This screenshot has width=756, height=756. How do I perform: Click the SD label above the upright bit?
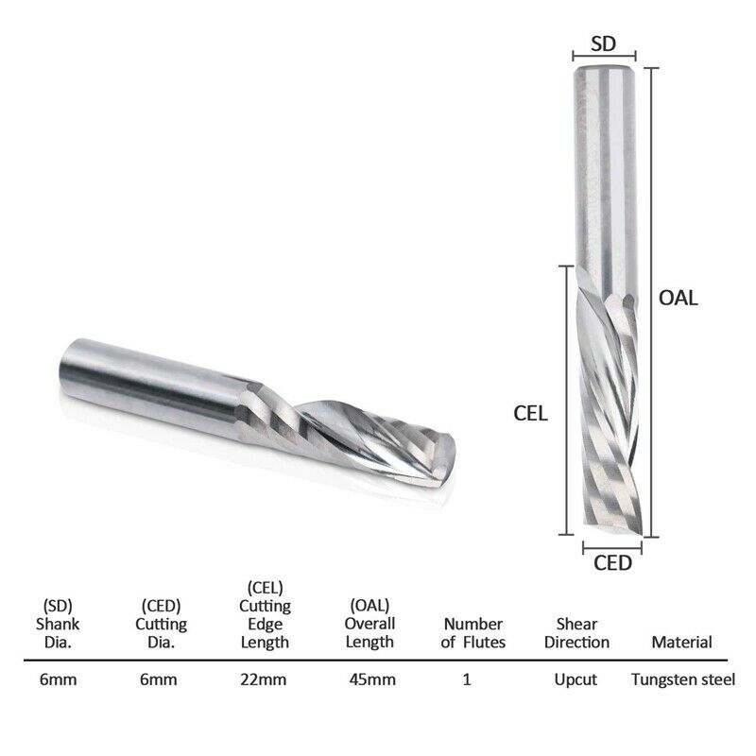tap(605, 43)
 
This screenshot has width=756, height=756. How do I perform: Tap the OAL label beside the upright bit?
tap(678, 298)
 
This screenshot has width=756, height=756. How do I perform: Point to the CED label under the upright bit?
tap(611, 564)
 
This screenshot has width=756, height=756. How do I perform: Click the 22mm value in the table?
tap(264, 679)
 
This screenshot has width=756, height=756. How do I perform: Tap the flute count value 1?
tap(467, 679)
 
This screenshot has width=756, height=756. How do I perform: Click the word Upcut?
tap(576, 679)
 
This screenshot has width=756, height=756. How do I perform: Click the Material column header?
tap(681, 643)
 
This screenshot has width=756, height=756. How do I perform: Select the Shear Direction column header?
tap(576, 633)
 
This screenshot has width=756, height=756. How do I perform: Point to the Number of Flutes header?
tap(474, 633)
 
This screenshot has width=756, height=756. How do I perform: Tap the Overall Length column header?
tap(368, 624)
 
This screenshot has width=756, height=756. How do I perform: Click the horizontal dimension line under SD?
tap(605, 58)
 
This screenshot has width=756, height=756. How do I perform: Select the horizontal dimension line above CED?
tap(611, 546)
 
